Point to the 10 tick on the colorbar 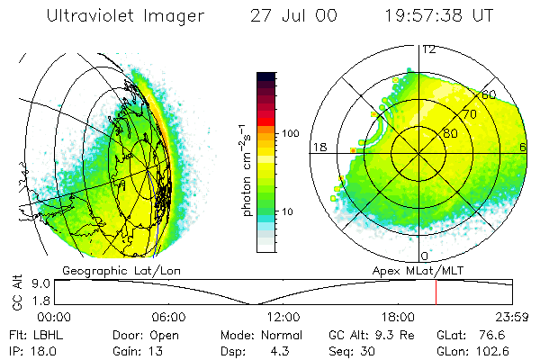pos(290,211)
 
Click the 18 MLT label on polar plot pos(318,147)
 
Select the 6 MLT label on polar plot pos(523,147)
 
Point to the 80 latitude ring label pos(451,134)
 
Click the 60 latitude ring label pos(489,94)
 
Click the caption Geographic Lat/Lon pos(105,270)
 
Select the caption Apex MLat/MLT pos(415,270)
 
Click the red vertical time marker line pos(436,292)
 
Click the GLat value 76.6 pos(498,334)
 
